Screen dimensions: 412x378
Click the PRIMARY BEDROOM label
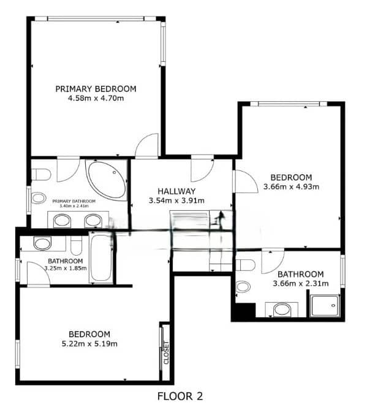coord(96,89)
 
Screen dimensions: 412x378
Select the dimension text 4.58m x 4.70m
coord(96,98)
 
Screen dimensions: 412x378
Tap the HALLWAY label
coord(176,191)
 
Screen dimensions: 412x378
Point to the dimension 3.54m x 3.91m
coord(176,200)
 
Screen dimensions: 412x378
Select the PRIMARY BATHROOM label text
coord(74,201)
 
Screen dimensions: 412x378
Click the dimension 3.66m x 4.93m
coord(292,186)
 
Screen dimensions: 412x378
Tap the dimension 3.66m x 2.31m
coord(300,283)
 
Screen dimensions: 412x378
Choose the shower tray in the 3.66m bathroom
coord(325,305)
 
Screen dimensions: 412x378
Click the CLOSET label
coord(166,353)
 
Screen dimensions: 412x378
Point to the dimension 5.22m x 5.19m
coord(89,343)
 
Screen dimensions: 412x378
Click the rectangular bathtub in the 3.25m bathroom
coord(101,257)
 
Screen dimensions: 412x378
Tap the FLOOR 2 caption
coord(180,396)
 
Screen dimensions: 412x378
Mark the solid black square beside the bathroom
coord(243,311)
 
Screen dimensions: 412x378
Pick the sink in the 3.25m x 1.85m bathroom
coord(42,243)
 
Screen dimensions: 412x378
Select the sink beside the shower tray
coord(282,308)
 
